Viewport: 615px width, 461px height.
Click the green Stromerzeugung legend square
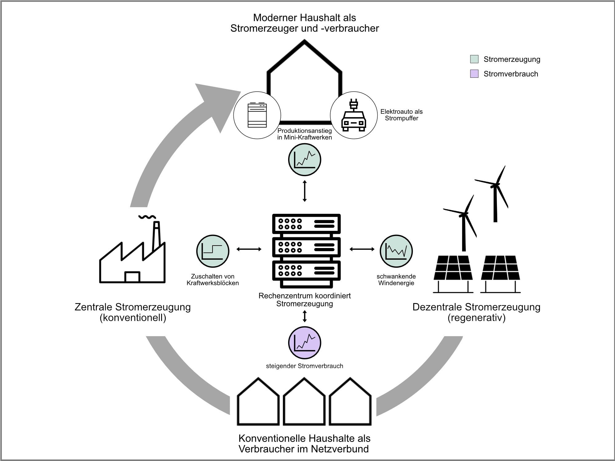click(474, 59)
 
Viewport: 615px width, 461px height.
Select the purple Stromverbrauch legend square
click(474, 74)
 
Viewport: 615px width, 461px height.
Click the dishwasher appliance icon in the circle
click(257, 115)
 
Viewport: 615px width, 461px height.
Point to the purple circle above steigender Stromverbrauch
click(304, 343)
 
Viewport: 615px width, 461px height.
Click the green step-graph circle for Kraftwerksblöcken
click(213, 251)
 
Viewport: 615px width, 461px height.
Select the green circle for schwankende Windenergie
click(396, 251)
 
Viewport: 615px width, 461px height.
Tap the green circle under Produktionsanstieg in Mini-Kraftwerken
click(304, 160)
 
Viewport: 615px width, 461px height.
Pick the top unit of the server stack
click(306, 224)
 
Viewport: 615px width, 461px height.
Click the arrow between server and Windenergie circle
click(362, 249)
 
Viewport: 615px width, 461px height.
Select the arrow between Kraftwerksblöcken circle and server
click(249, 249)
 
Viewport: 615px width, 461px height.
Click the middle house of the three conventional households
click(304, 403)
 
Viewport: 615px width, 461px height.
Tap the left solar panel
click(453, 267)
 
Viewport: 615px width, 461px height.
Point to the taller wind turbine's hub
click(495, 185)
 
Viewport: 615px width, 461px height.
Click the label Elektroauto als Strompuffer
click(401, 115)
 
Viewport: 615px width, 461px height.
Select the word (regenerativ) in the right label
click(476, 317)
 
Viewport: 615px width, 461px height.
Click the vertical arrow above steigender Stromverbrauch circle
click(304, 316)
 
